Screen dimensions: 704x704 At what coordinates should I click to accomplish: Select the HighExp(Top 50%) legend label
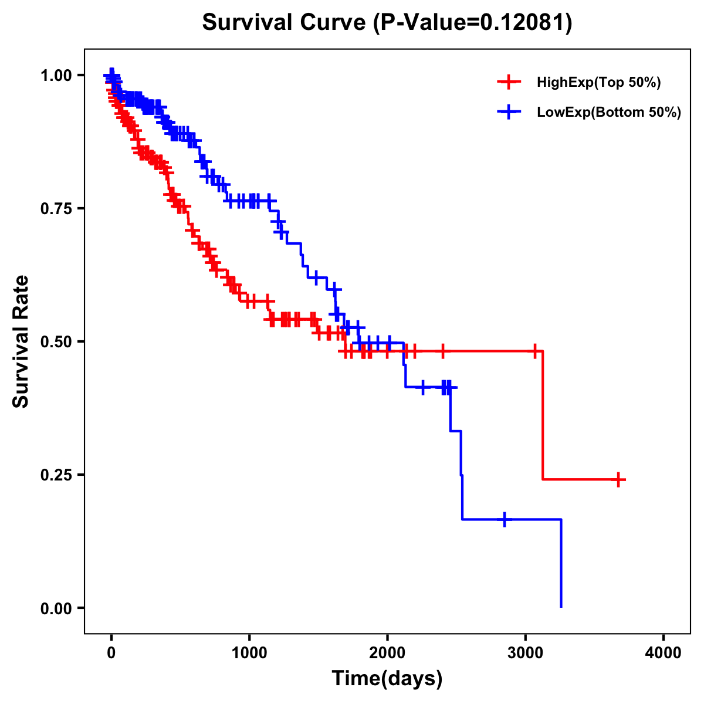(598, 83)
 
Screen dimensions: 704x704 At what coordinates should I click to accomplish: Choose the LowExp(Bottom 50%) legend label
(609, 113)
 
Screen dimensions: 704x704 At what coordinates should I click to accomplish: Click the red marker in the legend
(509, 82)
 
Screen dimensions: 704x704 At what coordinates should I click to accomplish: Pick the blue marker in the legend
(509, 112)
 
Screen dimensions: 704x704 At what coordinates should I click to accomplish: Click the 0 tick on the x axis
(111, 653)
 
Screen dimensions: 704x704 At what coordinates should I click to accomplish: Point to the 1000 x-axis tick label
(249, 653)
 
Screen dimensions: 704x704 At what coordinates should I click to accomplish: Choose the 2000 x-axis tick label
(387, 653)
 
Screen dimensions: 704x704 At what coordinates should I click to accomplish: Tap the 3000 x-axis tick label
(526, 653)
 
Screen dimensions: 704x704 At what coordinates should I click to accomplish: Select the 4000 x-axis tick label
(664, 653)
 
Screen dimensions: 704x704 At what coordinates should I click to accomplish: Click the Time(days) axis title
(387, 679)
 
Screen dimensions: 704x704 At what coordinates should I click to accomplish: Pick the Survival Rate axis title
(22, 341)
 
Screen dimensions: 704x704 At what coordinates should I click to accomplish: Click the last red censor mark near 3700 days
(618, 479)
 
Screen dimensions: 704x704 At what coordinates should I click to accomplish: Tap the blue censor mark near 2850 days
(505, 519)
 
